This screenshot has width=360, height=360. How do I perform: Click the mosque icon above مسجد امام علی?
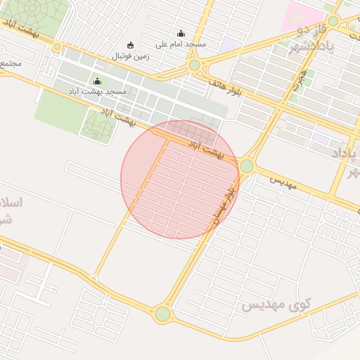(x=181, y=33)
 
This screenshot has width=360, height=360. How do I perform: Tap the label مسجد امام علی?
(x=181, y=44)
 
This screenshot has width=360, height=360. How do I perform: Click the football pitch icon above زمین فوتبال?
(x=129, y=44)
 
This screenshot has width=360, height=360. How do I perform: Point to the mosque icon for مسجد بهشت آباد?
(x=97, y=81)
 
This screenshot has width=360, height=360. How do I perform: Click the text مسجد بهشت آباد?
(x=97, y=91)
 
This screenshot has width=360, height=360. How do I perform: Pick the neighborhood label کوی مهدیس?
(x=276, y=305)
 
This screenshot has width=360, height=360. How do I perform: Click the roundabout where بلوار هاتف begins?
(x=194, y=65)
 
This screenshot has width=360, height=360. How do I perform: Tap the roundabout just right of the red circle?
(x=246, y=166)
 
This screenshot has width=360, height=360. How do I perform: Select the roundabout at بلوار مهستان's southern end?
(x=163, y=314)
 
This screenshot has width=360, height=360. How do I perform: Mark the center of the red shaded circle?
(x=180, y=179)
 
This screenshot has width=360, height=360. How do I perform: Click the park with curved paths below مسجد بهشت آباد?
(x=97, y=127)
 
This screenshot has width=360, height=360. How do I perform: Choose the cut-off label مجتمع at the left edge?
(x=11, y=63)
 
